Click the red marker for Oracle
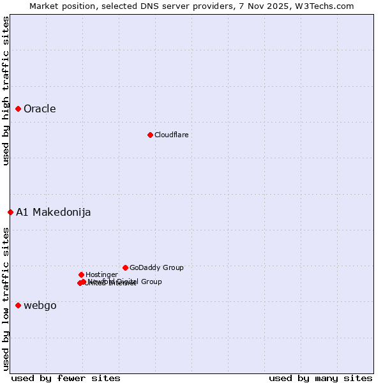[x=19, y=109]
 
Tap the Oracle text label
[x=40, y=109]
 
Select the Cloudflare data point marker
[x=150, y=135]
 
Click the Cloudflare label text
[x=171, y=135]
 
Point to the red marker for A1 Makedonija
[x=10, y=213]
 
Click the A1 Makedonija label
[x=53, y=213]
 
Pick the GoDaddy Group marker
[x=125, y=267]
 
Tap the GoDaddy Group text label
[x=156, y=267]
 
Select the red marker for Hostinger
[x=81, y=274]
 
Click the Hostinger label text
[x=101, y=274]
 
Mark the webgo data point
[x=19, y=306]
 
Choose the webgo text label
[x=40, y=306]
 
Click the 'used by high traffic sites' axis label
[x=6, y=91]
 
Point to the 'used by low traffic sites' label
[x=6, y=299]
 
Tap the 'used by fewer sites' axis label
[x=66, y=378]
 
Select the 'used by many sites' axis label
[x=320, y=378]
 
